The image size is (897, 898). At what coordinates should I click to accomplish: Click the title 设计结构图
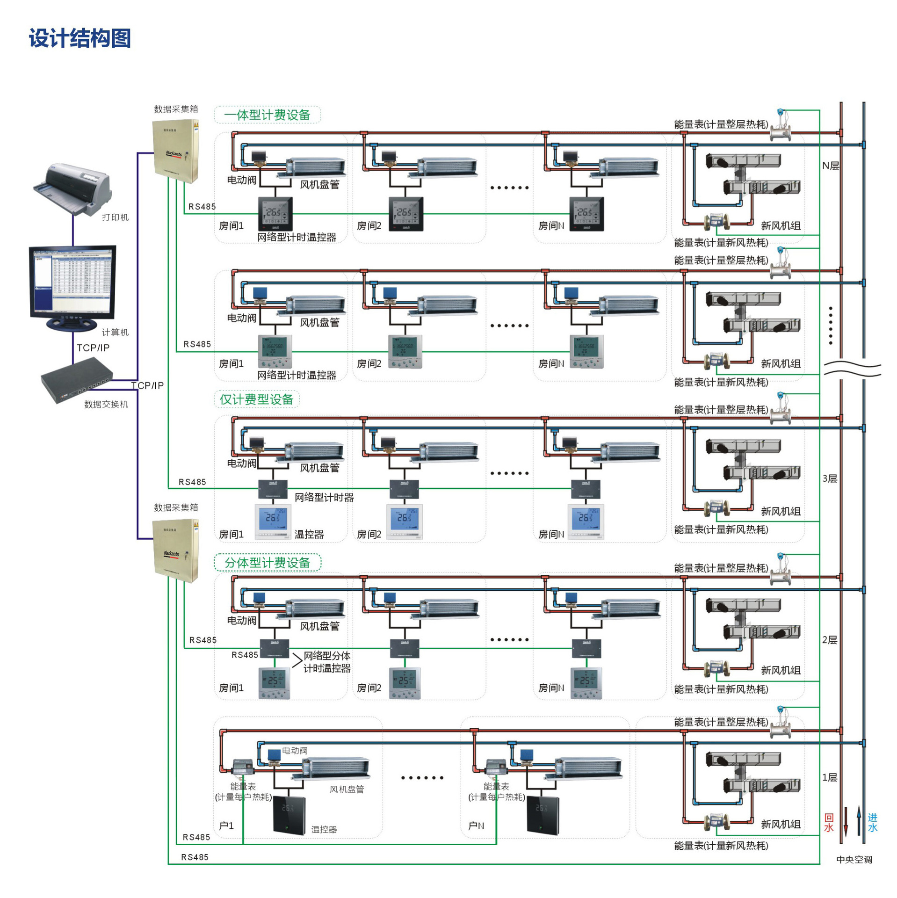point(80,38)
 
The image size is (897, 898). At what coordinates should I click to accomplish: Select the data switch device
point(77,379)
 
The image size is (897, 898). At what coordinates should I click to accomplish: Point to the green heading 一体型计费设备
point(267,115)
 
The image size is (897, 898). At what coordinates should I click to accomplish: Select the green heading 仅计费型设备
point(256,399)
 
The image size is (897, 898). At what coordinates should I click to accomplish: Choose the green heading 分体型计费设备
point(267,563)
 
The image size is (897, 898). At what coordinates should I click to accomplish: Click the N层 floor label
point(831,166)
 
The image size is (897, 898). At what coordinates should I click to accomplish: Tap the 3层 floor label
point(830,478)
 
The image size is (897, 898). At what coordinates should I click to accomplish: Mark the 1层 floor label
point(830,777)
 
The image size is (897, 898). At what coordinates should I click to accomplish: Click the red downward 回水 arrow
point(846,821)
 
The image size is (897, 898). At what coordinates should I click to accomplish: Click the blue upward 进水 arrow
point(859,820)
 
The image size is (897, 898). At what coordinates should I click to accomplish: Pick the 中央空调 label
point(854,860)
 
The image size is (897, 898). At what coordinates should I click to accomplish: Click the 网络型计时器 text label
point(324,498)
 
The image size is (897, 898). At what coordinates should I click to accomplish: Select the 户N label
point(476,826)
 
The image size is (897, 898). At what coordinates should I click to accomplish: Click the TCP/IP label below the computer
point(93,348)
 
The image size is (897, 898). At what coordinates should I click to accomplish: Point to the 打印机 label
point(115,217)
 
